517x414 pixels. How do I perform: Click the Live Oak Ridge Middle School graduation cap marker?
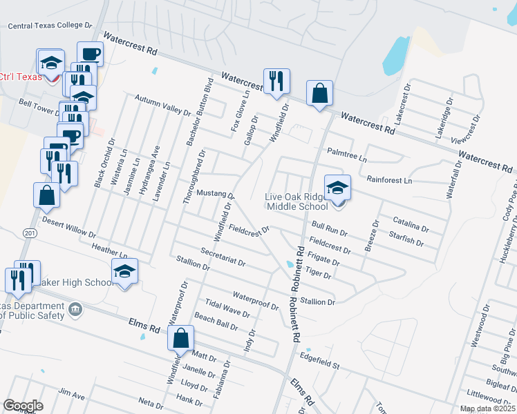[337, 188]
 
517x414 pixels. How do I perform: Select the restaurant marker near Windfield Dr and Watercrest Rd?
[276, 81]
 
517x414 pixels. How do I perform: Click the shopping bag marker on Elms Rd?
[180, 338]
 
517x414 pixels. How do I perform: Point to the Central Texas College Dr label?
[50, 26]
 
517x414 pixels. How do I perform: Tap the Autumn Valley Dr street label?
[162, 105]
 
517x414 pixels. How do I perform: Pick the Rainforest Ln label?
[389, 179]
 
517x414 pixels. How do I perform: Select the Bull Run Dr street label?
[329, 225]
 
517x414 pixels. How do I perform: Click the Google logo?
[23, 406]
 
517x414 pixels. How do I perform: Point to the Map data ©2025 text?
[487, 408]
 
